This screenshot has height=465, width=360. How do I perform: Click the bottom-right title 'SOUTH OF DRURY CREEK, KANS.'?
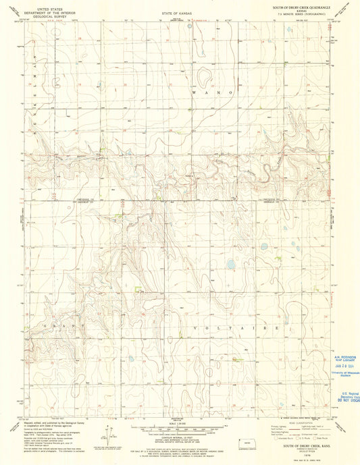point(301,447)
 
